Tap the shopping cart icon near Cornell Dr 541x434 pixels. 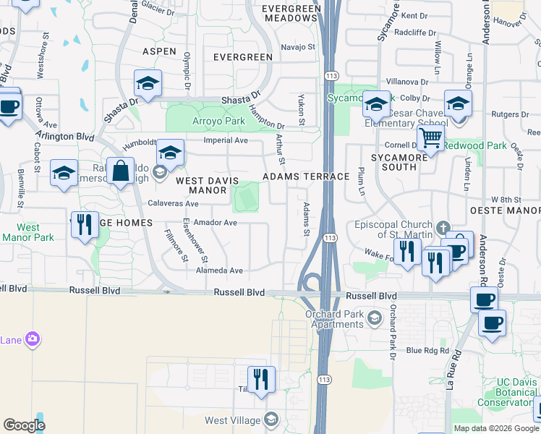pyautogui.click(x=430, y=137)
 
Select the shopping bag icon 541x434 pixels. pyautogui.click(x=120, y=172)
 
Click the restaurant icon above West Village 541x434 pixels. pyautogui.click(x=261, y=379)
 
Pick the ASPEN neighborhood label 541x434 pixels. pyautogui.click(x=159, y=52)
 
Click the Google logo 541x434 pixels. pyautogui.click(x=24, y=425)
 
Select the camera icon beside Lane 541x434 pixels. pyautogui.click(x=32, y=339)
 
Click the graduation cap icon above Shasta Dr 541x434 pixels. pyautogui.click(x=148, y=84)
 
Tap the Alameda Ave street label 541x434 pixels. pyautogui.click(x=219, y=271)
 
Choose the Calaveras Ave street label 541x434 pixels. pyautogui.click(x=173, y=204)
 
